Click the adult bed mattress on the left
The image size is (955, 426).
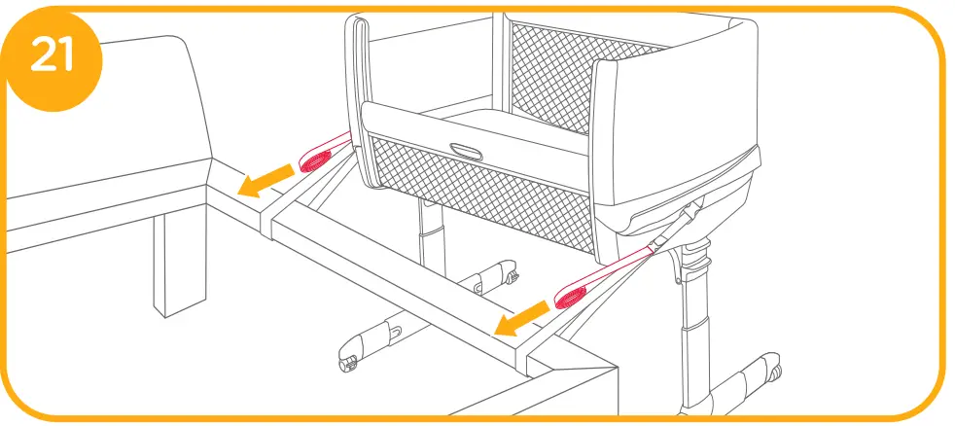click(107, 126)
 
